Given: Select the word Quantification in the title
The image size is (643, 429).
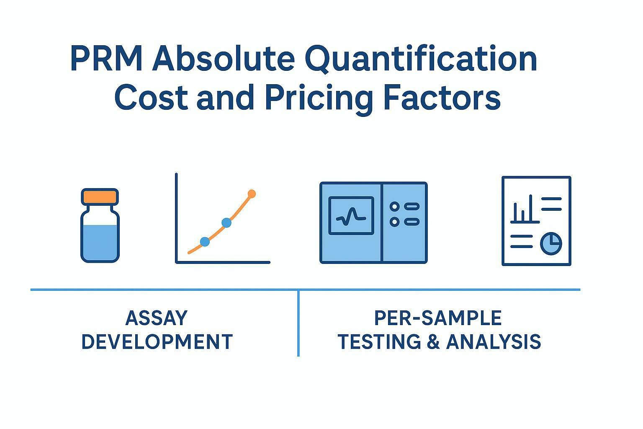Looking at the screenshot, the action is pyautogui.click(x=421, y=59).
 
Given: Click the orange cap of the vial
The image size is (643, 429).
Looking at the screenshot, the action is pyautogui.click(x=100, y=196).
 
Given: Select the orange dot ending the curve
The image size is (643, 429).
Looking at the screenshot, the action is pyautogui.click(x=252, y=194).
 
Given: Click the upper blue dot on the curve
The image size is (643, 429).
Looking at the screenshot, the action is pyautogui.click(x=226, y=222).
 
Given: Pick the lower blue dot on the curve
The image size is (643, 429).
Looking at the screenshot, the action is pyautogui.click(x=205, y=242).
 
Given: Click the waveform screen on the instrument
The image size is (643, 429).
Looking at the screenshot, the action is pyautogui.click(x=351, y=215).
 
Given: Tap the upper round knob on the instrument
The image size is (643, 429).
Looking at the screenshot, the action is pyautogui.click(x=394, y=206).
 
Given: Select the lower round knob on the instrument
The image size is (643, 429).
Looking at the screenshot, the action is pyautogui.click(x=394, y=222).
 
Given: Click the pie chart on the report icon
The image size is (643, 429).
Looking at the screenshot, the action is pyautogui.click(x=551, y=243).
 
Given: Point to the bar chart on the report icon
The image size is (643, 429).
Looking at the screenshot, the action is pyautogui.click(x=525, y=209).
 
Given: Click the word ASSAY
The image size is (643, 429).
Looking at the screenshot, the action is pyautogui.click(x=157, y=318).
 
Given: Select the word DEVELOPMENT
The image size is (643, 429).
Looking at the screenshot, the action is pyautogui.click(x=157, y=341).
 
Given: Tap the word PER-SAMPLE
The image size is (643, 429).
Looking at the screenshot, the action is pyautogui.click(x=438, y=318).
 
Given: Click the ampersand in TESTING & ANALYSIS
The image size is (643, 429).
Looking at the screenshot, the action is pyautogui.click(x=433, y=341).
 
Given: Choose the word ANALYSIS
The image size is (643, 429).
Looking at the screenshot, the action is pyautogui.click(x=494, y=341).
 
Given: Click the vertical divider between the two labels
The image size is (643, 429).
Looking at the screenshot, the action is pyautogui.click(x=298, y=323).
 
